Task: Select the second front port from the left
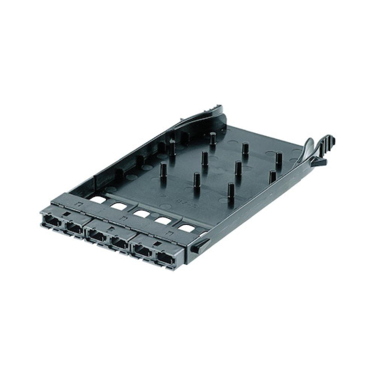click(x=74, y=229)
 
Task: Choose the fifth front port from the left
click(x=143, y=252)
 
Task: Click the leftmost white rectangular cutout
click(x=98, y=200)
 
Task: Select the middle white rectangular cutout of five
click(x=141, y=214)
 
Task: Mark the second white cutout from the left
click(x=119, y=206)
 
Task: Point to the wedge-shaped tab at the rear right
click(x=318, y=162)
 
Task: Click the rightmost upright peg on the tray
click(x=278, y=160)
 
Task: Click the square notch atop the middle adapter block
click(x=111, y=228)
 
